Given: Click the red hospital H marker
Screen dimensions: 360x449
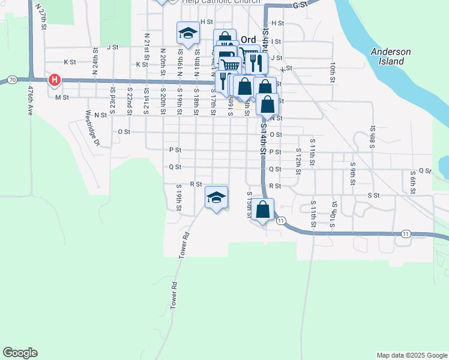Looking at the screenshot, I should tap(55, 80).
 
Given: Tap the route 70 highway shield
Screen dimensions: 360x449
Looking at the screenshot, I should tap(12, 79).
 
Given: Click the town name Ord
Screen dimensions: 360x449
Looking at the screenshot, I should tap(249, 40).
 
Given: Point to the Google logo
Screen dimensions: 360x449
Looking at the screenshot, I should tap(20, 353).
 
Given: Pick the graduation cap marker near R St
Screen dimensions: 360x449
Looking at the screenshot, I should tap(216, 197).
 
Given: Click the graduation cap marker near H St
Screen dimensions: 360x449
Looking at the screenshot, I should tap(188, 33).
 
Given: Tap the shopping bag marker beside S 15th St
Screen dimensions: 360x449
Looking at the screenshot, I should tap(262, 210).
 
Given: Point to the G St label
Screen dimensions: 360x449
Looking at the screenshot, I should tap(300, 5).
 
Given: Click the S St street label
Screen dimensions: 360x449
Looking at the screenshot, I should tap(373, 196).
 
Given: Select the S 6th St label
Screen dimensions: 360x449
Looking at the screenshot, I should tap(413, 182).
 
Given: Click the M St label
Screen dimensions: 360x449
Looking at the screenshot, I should tap(59, 97).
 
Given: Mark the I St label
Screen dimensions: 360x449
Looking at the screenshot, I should tap(276, 41).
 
